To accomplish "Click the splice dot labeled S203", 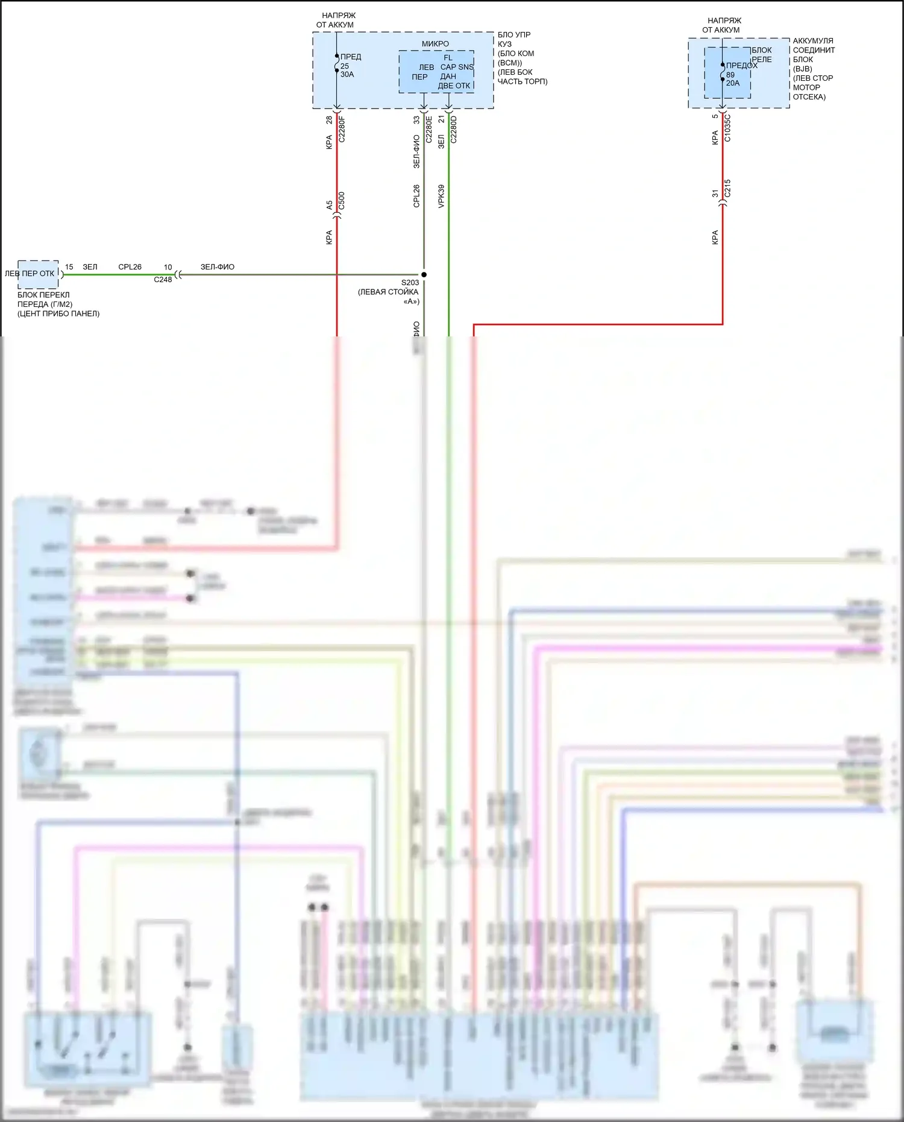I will (x=424, y=274).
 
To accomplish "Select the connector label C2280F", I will (x=342, y=130).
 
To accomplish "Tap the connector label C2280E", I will (x=428, y=129).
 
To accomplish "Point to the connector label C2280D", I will (x=453, y=129).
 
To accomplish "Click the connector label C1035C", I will (x=727, y=128).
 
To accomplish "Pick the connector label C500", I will (x=342, y=201).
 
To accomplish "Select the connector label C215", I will (x=727, y=188).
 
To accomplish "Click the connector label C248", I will (x=163, y=280).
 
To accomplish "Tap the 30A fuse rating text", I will (x=347, y=75).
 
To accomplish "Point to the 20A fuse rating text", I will (x=733, y=83).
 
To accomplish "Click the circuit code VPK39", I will (x=441, y=197).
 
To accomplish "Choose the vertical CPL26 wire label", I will (x=416, y=197).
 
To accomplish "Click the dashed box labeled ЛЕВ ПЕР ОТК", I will (x=37, y=274).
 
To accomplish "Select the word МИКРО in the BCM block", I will (x=435, y=44).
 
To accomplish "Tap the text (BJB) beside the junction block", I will (x=803, y=69).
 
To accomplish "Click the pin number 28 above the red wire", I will (x=329, y=120).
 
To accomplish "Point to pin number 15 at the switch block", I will (x=69, y=267).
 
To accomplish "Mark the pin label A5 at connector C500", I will (x=329, y=205).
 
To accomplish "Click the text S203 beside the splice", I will (x=410, y=283).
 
